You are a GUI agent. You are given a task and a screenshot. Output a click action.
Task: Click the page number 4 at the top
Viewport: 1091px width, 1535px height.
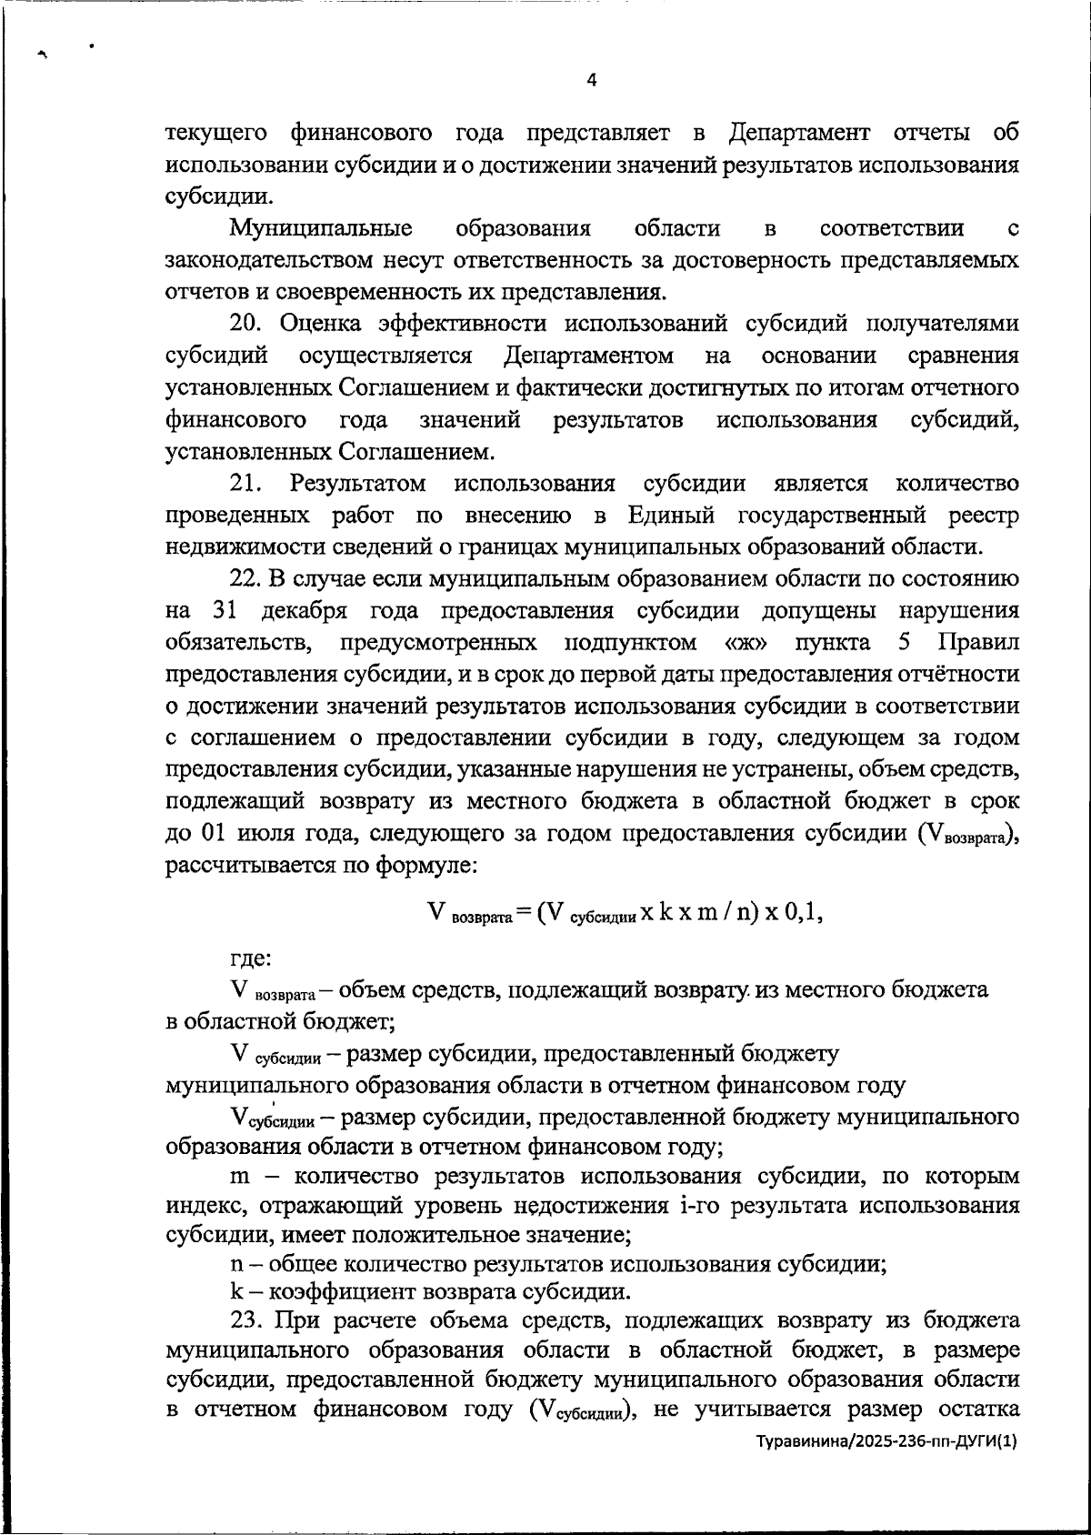[592, 80]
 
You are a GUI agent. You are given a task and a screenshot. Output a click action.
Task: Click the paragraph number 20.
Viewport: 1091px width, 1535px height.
[245, 324]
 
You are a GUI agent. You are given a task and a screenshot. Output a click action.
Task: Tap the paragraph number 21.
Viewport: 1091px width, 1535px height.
[245, 483]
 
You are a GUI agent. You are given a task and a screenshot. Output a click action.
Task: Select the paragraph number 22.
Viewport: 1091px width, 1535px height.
[245, 578]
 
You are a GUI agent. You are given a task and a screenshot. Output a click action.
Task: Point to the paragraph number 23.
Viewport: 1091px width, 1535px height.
[245, 1319]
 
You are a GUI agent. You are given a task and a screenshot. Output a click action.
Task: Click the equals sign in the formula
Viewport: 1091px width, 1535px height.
[522, 913]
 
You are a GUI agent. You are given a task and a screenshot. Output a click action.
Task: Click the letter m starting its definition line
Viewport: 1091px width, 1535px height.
[240, 1178]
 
